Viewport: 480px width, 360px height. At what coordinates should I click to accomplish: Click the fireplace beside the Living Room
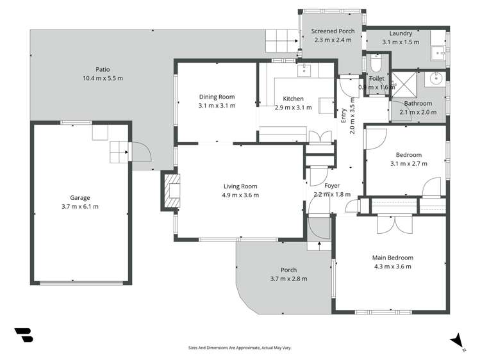coord(170,191)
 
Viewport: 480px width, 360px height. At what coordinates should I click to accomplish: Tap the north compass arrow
coord(456,340)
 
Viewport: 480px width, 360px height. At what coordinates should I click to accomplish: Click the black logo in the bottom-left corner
coord(23,334)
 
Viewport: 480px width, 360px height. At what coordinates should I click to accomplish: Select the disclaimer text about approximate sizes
coord(239,347)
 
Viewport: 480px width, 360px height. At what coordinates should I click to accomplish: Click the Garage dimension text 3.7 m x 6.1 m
coord(80,206)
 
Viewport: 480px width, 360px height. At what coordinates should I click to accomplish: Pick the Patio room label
coord(102,69)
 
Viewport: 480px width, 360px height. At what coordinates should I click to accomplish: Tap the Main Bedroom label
coord(392,258)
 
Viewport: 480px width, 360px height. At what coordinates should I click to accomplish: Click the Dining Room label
coord(217,96)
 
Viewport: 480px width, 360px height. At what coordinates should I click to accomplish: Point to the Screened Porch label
coord(333,31)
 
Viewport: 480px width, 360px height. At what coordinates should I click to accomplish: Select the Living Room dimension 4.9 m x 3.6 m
coord(240,195)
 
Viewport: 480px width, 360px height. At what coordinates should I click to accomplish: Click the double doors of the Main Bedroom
coord(392,225)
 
